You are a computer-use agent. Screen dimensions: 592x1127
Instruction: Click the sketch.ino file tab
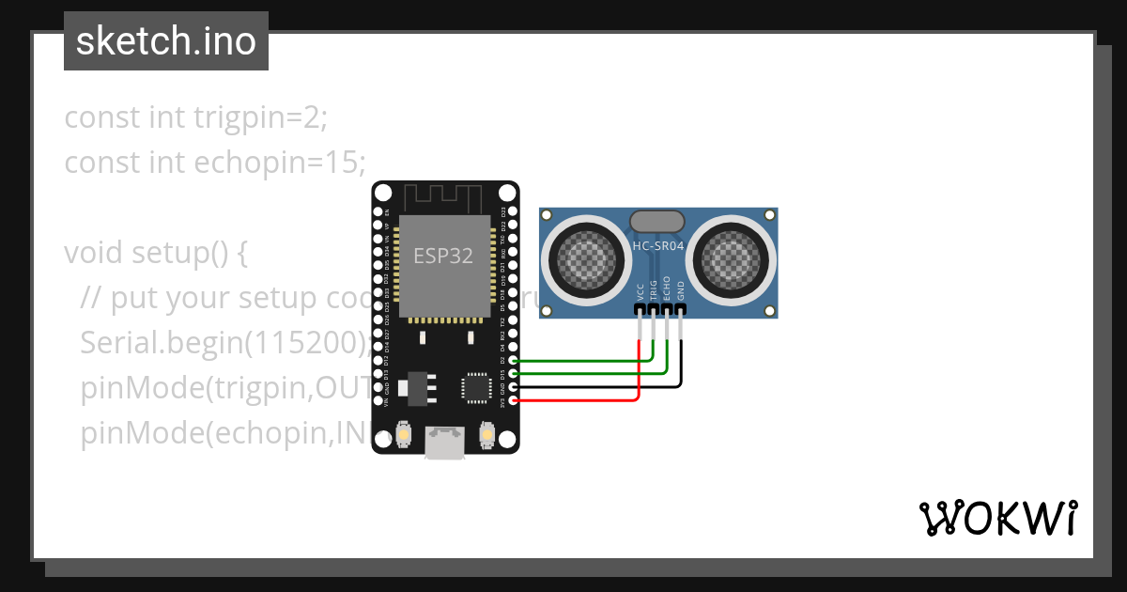(x=166, y=41)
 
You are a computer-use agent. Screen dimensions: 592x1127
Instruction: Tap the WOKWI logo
(x=997, y=518)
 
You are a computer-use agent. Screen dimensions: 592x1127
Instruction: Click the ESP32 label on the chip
(x=443, y=256)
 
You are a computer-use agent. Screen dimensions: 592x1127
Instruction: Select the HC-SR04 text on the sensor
(x=657, y=247)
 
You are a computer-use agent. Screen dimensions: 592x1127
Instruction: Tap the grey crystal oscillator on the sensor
(x=657, y=221)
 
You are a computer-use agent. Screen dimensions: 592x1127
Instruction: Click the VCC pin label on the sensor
(x=641, y=291)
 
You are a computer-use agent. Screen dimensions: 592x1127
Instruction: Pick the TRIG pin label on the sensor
(x=654, y=289)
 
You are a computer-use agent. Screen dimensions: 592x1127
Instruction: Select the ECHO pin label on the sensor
(x=667, y=288)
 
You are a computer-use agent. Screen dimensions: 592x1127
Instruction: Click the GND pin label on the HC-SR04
(x=681, y=291)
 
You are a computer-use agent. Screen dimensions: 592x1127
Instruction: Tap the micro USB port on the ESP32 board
(x=444, y=443)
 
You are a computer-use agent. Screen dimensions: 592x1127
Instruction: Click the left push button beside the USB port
(x=403, y=435)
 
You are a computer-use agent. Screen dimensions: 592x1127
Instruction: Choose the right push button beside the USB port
(x=486, y=435)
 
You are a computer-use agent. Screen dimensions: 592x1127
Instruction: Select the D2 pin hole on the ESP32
(x=513, y=360)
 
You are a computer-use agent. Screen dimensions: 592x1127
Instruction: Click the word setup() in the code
(x=189, y=254)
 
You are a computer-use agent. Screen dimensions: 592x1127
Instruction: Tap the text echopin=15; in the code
(x=280, y=163)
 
